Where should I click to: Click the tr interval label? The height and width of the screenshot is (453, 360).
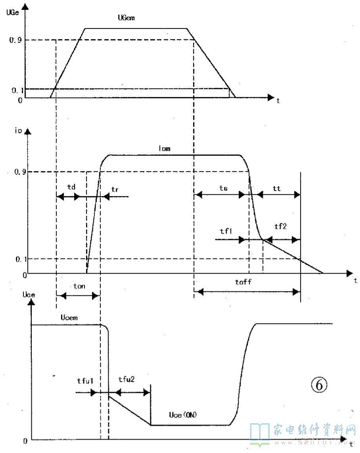tap(115, 189)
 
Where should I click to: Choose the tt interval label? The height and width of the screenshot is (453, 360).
tap(277, 189)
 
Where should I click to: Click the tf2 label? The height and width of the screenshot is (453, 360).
tap(280, 226)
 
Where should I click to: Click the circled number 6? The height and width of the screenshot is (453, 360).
tap(319, 384)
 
